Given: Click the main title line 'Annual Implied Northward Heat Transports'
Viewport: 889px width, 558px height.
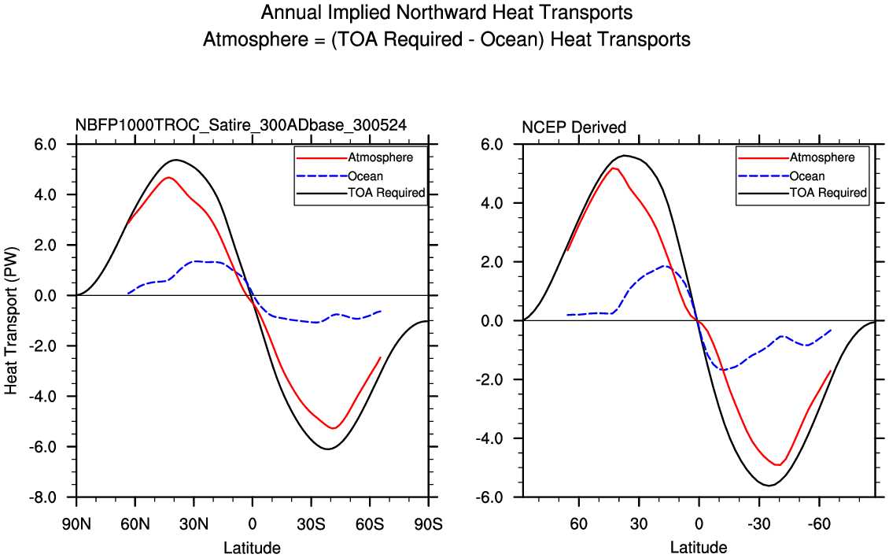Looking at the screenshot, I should (x=446, y=13).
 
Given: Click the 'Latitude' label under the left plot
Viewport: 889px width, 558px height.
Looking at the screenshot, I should (x=252, y=548).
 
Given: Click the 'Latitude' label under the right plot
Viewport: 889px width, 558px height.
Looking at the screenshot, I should (x=699, y=548).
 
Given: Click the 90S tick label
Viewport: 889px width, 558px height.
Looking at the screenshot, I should (x=428, y=523).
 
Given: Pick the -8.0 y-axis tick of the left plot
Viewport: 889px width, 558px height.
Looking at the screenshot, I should (x=44, y=497).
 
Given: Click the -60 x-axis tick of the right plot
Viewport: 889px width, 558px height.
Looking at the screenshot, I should (x=819, y=523).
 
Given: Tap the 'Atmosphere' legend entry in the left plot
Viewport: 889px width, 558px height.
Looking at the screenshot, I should (x=380, y=157).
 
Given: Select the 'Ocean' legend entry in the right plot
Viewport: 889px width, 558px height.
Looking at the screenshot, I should (x=806, y=176).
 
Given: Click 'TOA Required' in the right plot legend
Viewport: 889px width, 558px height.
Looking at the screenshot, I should (x=828, y=193).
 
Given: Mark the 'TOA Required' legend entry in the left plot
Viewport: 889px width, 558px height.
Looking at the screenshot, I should (x=386, y=193).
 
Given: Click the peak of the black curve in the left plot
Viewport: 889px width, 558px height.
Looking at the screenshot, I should (x=175, y=160).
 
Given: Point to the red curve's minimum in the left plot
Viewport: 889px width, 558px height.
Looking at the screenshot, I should (x=334, y=428).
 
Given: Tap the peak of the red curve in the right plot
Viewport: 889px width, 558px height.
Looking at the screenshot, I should (x=613, y=168).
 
